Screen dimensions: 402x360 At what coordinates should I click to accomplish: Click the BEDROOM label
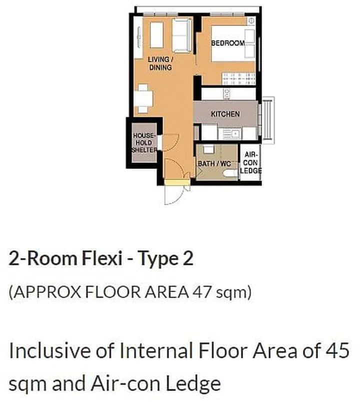(227, 43)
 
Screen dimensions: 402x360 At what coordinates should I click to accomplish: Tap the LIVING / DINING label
(160, 63)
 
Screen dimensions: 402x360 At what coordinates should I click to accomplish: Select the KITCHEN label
(225, 114)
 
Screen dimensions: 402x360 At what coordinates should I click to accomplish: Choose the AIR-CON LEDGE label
(250, 163)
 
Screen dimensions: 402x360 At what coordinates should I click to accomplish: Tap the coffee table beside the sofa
(157, 35)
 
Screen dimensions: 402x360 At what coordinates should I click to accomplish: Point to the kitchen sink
(231, 133)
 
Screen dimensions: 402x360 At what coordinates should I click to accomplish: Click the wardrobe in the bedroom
(239, 78)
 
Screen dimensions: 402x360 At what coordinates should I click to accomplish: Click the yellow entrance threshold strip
(177, 182)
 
